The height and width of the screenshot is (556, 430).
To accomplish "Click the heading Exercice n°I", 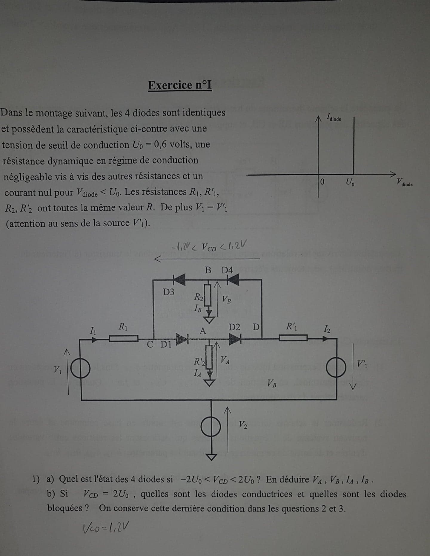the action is click(x=180, y=85).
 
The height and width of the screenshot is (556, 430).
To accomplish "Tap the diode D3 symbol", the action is click(x=179, y=280).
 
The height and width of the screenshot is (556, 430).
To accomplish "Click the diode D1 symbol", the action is click(x=182, y=339).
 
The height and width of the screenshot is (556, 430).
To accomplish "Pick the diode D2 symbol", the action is click(x=235, y=339).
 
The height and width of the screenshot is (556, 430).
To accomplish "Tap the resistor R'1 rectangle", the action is click(x=293, y=338).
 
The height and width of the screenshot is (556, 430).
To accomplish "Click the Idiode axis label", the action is click(x=334, y=117).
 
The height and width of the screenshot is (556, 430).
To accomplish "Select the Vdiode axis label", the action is click(x=404, y=182).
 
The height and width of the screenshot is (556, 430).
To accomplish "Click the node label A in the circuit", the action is click(x=203, y=331).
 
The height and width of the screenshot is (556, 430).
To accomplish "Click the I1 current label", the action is click(x=93, y=330).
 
